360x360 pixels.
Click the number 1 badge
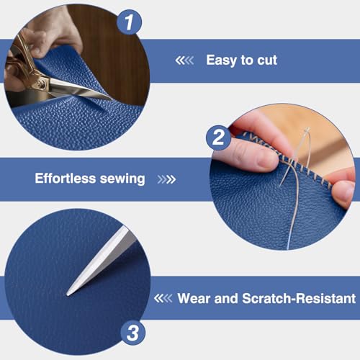pos(129,22)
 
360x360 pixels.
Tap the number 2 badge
pos(218,138)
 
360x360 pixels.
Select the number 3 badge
pos(133,333)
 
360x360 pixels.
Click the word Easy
pos(221,60)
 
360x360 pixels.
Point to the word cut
pos(267,60)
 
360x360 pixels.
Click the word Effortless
pos(66,179)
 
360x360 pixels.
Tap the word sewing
pos(122,179)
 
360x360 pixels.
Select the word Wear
pos(194,298)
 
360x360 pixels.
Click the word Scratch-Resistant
pos(299,298)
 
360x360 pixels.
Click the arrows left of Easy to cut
pos(184,60)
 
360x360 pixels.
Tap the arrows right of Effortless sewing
pos(166,179)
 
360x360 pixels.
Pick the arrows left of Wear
pos(163,298)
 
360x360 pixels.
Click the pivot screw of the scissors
pos(40,84)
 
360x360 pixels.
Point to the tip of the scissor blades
pos(111,99)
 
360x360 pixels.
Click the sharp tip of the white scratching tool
pos(68,294)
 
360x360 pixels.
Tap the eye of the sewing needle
pos(307,130)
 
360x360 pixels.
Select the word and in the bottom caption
pos(226,298)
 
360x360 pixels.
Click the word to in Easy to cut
pos(247,60)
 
